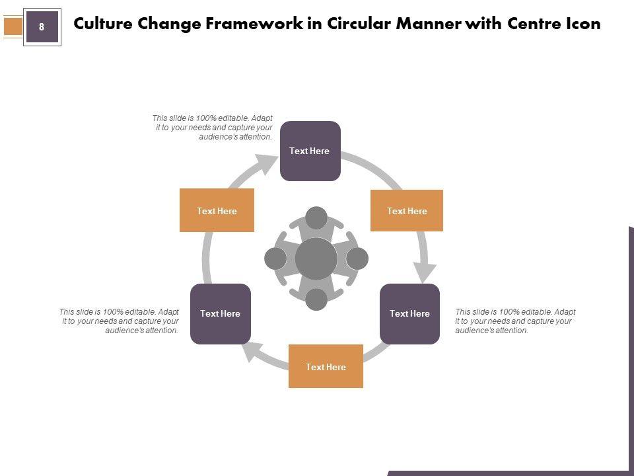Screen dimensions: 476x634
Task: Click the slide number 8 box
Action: pyautogui.click(x=42, y=27)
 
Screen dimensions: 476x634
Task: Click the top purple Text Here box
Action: pyautogui.click(x=310, y=151)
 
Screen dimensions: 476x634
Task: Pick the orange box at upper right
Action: pyautogui.click(x=406, y=211)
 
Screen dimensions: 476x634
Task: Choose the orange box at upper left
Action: pyautogui.click(x=217, y=210)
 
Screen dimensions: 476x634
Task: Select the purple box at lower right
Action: pyautogui.click(x=409, y=313)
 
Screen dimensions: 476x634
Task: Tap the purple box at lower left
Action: pyautogui.click(x=220, y=313)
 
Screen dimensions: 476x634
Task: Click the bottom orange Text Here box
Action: pyautogui.click(x=326, y=366)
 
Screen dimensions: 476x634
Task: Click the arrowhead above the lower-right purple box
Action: pyautogui.click(x=425, y=271)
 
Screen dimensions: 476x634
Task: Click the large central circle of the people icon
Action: pyautogui.click(x=316, y=258)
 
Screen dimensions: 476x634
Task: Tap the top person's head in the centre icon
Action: pyautogui.click(x=316, y=218)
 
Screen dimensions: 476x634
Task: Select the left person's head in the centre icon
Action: pyautogui.click(x=275, y=258)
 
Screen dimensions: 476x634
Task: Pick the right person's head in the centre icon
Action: pyautogui.click(x=357, y=258)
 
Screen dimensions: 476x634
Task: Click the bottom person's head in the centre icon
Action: pyautogui.click(x=316, y=299)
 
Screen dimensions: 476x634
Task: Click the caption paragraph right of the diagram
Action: pyautogui.click(x=515, y=321)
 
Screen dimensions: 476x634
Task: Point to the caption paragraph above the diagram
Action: pyautogui.click(x=213, y=128)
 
